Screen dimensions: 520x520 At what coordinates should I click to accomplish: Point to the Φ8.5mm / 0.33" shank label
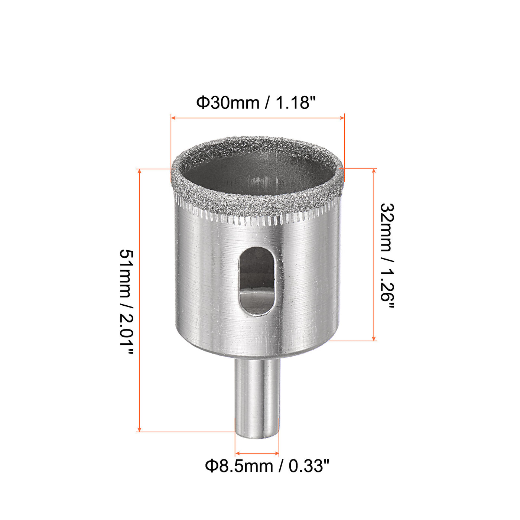tap(267, 466)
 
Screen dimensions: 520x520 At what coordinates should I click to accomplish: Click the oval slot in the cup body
tap(256, 281)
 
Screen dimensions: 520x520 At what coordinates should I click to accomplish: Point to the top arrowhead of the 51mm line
tap(139, 171)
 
